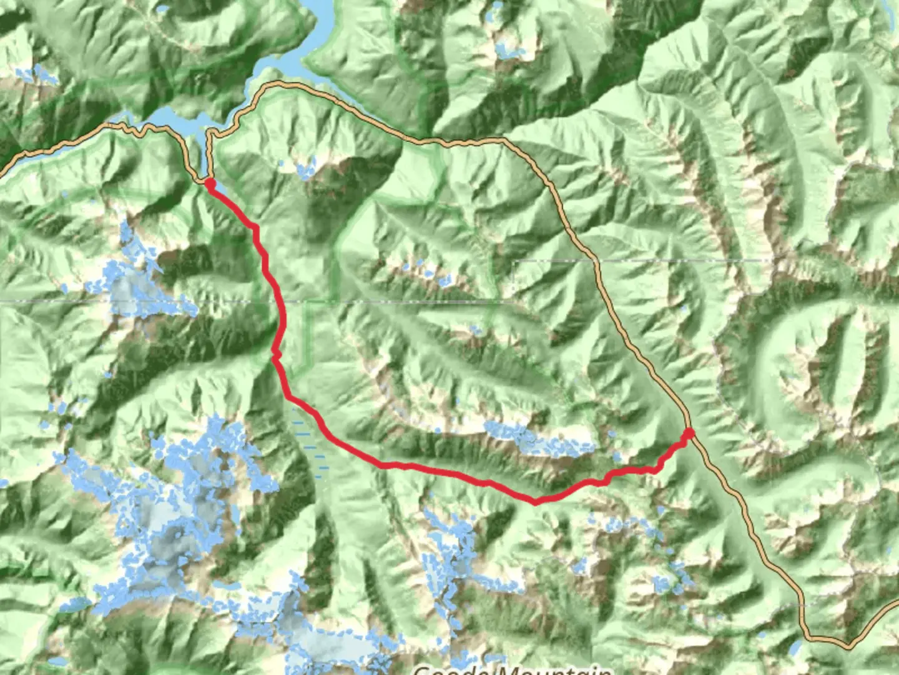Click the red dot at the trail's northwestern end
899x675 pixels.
point(210,182)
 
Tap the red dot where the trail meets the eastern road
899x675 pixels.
point(689,432)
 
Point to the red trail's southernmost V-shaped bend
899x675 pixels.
point(535,501)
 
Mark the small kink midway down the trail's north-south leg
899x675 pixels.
point(275,356)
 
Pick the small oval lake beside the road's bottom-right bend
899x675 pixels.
point(797,643)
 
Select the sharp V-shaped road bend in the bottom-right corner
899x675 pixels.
point(848,644)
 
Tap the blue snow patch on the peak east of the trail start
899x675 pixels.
point(305,169)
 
